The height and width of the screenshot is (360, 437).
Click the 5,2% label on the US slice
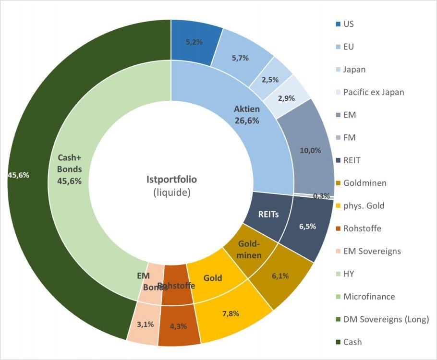tap(194, 42)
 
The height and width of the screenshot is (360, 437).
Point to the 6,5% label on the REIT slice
tap(307, 227)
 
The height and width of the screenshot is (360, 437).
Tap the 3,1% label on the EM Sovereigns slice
tap(145, 324)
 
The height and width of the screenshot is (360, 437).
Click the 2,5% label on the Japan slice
tap(270, 80)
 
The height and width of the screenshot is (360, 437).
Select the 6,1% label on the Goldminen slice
tap(280, 276)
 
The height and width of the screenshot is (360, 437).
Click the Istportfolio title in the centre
tap(171, 180)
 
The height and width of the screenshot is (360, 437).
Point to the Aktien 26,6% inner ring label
tap(247, 115)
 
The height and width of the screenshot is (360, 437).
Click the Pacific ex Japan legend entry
tap(374, 92)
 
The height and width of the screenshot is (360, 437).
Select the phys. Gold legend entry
tap(364, 205)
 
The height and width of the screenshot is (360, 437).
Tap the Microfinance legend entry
tap(369, 297)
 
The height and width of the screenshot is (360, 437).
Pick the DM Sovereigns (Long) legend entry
tap(386, 319)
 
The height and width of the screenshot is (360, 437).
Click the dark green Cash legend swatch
tap(338, 342)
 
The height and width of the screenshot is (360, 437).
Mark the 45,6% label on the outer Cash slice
tap(18, 175)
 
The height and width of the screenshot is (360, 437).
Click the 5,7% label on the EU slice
tap(240, 58)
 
